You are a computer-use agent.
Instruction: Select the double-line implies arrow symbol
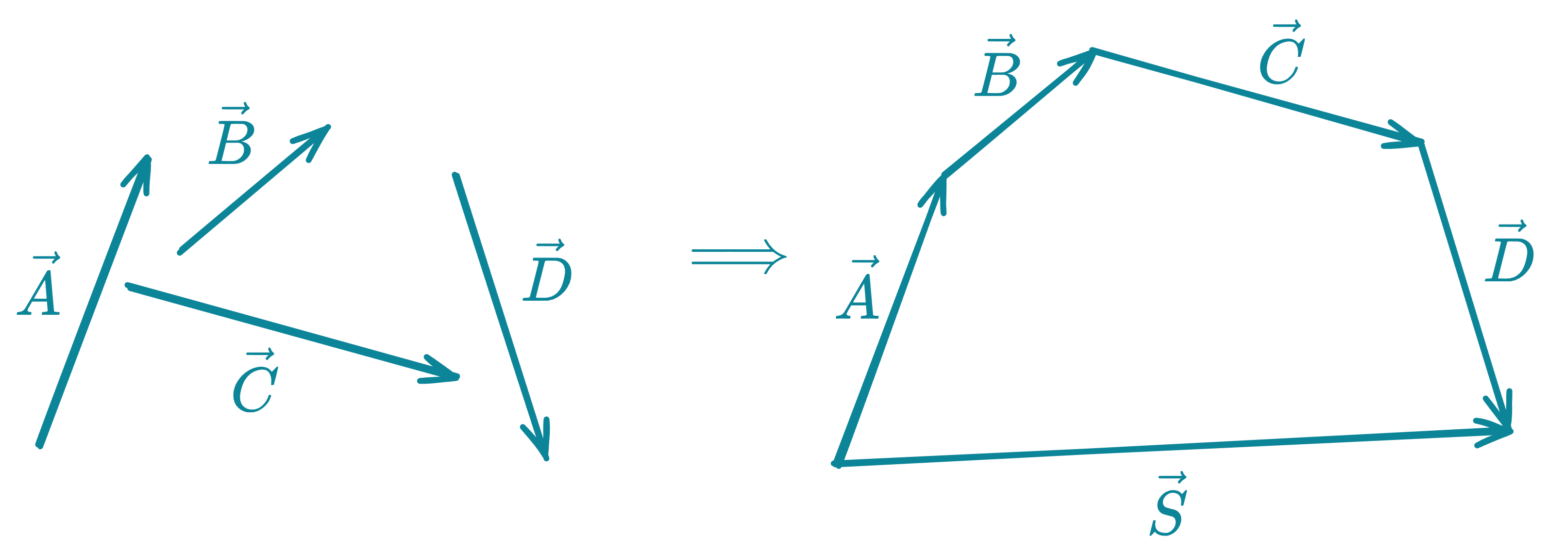tap(739, 257)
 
